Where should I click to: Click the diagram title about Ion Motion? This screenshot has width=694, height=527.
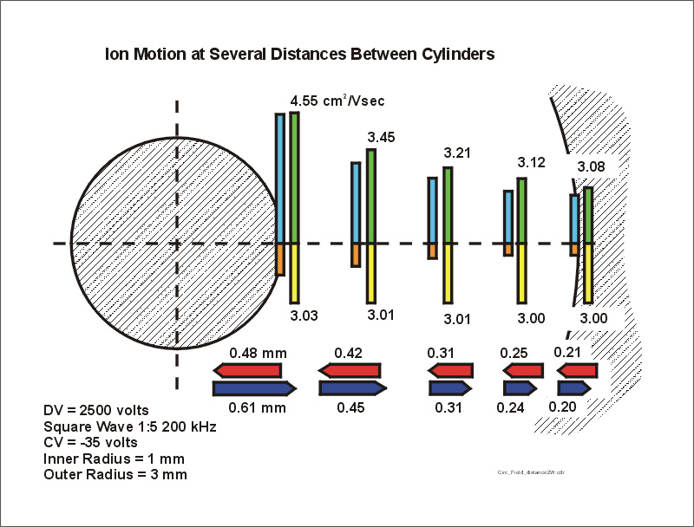299,54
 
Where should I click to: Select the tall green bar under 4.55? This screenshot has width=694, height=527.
295,178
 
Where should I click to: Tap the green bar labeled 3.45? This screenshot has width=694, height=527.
371,197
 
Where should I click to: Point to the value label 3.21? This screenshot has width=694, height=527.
456,153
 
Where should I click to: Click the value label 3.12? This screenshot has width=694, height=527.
531,163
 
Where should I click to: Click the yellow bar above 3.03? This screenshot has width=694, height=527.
295,273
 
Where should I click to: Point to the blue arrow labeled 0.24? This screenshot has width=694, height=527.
520,387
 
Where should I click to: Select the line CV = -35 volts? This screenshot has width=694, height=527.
91,442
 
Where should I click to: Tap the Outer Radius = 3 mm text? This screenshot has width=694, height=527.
115,475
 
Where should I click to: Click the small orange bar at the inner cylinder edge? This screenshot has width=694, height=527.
280,259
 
